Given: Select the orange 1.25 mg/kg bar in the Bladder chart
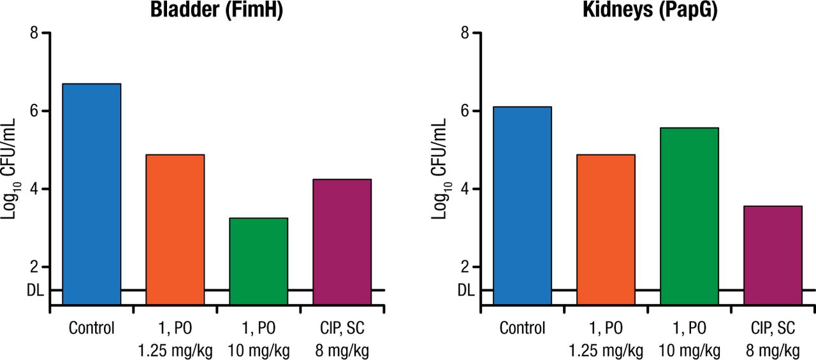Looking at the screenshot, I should (x=175, y=229).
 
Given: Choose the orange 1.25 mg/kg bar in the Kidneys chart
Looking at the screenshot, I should (x=606, y=229).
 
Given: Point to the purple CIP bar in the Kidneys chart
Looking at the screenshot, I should (x=773, y=255).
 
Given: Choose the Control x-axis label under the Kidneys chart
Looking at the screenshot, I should (x=523, y=329).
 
